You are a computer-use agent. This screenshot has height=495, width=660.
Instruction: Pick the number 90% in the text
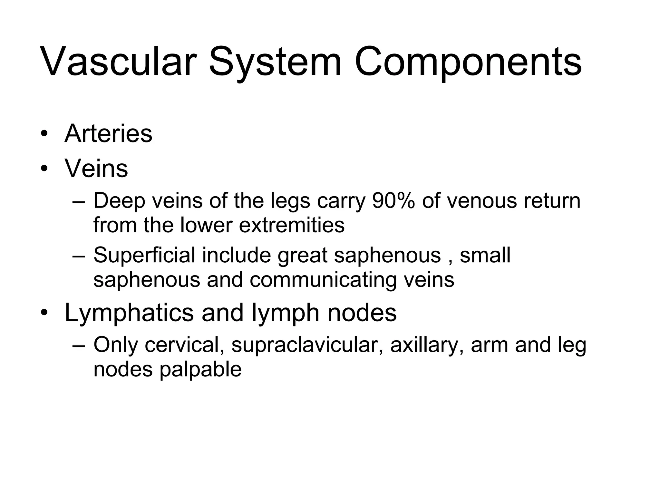tap(393, 200)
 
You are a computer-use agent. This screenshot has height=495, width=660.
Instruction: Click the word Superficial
tap(144, 255)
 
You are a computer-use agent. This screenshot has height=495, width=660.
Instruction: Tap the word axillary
tap(427, 345)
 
